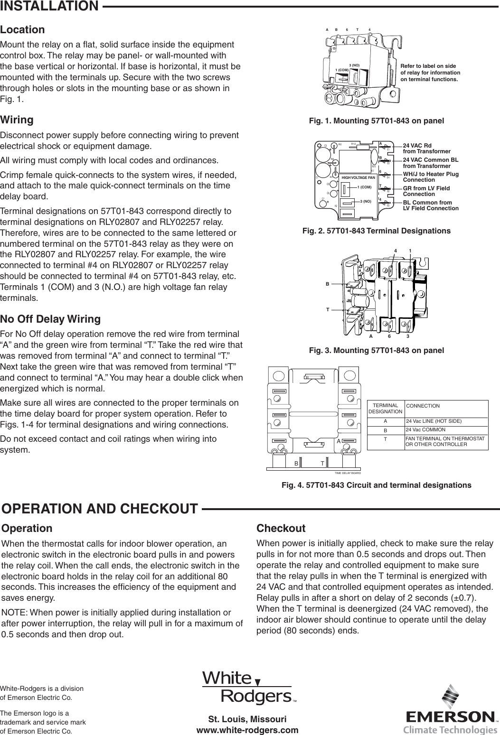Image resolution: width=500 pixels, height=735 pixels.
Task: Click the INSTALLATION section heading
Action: (49, 6)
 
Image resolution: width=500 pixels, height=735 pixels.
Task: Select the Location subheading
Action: (23, 29)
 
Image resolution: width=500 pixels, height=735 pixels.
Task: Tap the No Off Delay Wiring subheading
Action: (50, 318)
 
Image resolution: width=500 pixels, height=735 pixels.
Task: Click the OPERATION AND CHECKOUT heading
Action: (100, 509)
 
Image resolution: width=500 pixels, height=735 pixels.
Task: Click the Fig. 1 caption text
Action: (377, 121)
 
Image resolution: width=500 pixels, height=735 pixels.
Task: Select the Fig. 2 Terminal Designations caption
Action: (377, 231)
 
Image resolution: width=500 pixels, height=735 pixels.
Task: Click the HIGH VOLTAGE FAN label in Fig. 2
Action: (358, 177)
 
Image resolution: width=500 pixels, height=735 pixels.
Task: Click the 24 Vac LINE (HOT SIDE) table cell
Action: (434, 421)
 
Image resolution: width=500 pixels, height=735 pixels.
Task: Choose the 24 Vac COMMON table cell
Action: (425, 429)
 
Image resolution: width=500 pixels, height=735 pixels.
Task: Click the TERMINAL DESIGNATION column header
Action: (386, 409)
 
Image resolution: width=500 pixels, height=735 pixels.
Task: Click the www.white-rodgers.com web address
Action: (247, 730)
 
